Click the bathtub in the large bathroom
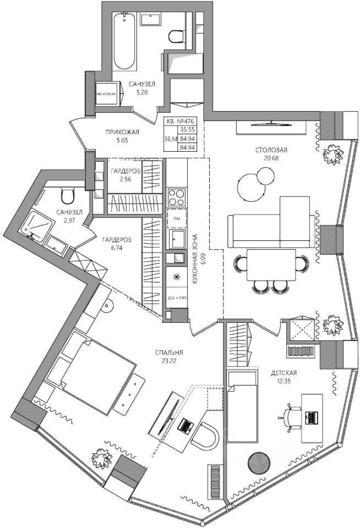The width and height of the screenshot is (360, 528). (125, 41)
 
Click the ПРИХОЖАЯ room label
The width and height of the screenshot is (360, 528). (122, 132)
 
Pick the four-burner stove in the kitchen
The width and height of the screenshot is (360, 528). (177, 197)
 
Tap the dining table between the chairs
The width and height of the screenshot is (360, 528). (270, 265)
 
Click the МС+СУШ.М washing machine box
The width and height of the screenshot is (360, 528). (107, 94)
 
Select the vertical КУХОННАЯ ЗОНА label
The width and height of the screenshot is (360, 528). (195, 258)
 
